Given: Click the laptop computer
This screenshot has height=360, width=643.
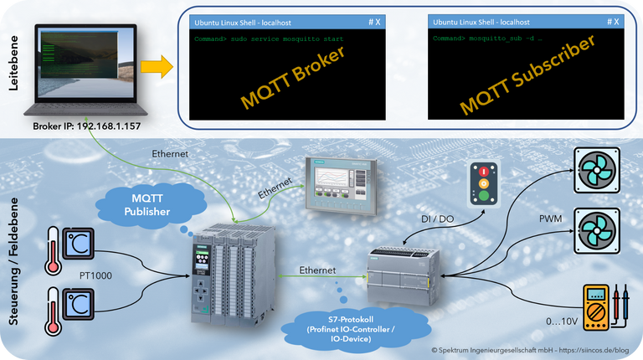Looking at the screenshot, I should [x=84, y=71].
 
